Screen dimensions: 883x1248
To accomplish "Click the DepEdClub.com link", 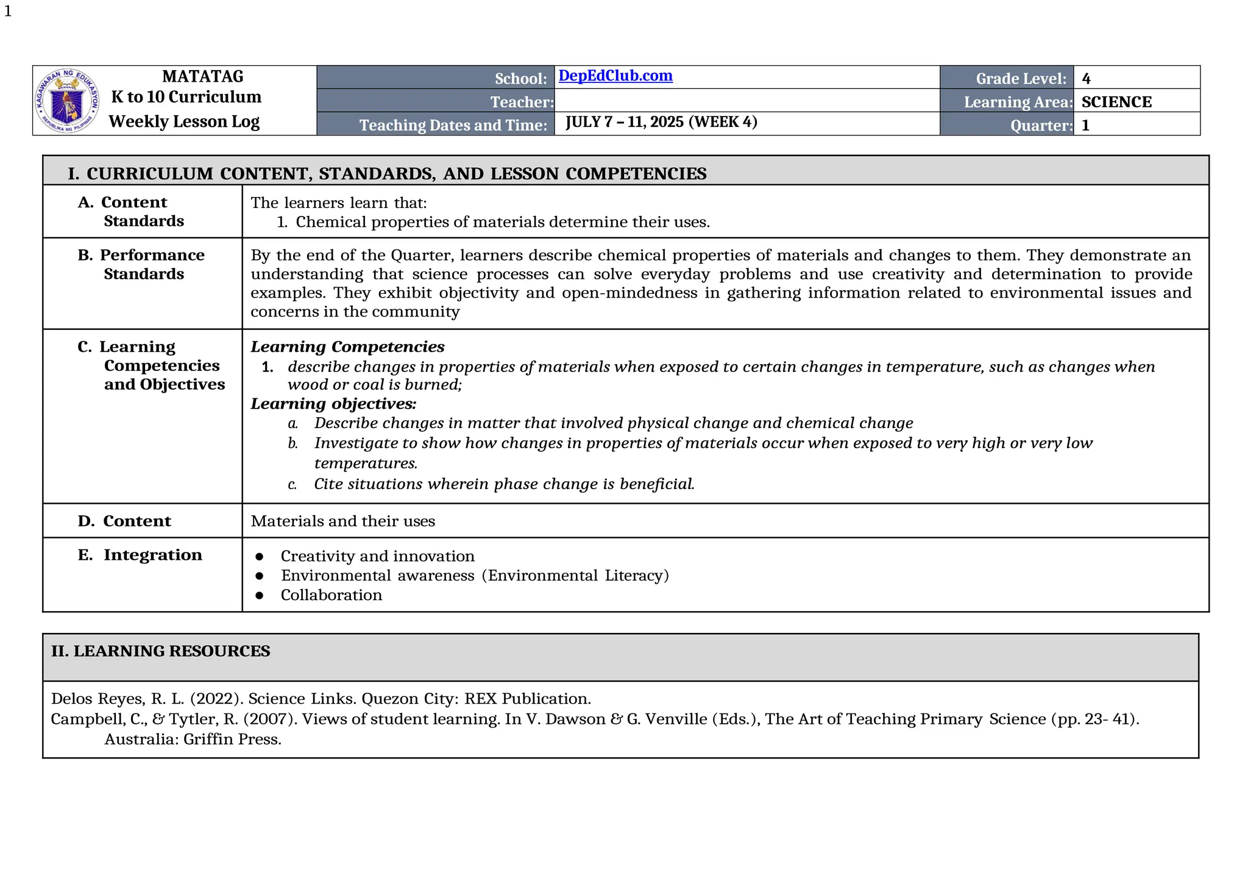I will tap(615, 76).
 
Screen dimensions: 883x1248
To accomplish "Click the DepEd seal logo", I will tap(66, 101).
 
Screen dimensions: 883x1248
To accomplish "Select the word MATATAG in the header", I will tap(203, 76).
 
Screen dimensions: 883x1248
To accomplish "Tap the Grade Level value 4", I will tap(1086, 79).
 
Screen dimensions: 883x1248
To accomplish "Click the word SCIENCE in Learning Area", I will tap(1116, 102).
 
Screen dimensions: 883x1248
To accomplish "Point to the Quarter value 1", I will tap(1085, 126).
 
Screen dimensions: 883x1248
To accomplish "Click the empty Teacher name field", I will tap(746, 101).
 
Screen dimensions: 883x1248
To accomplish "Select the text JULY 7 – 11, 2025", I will tap(624, 122).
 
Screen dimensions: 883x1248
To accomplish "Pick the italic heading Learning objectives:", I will tap(333, 404).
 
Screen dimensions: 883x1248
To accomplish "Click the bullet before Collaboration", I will tap(260, 595).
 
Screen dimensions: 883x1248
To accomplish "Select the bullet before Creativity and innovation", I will tap(260, 556).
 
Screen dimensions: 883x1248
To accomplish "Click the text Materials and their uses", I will tap(342, 521).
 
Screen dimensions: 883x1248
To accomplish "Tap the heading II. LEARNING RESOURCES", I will tap(160, 651).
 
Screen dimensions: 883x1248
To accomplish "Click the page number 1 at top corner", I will tap(8, 12).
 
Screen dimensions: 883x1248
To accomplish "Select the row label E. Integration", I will tap(140, 555).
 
